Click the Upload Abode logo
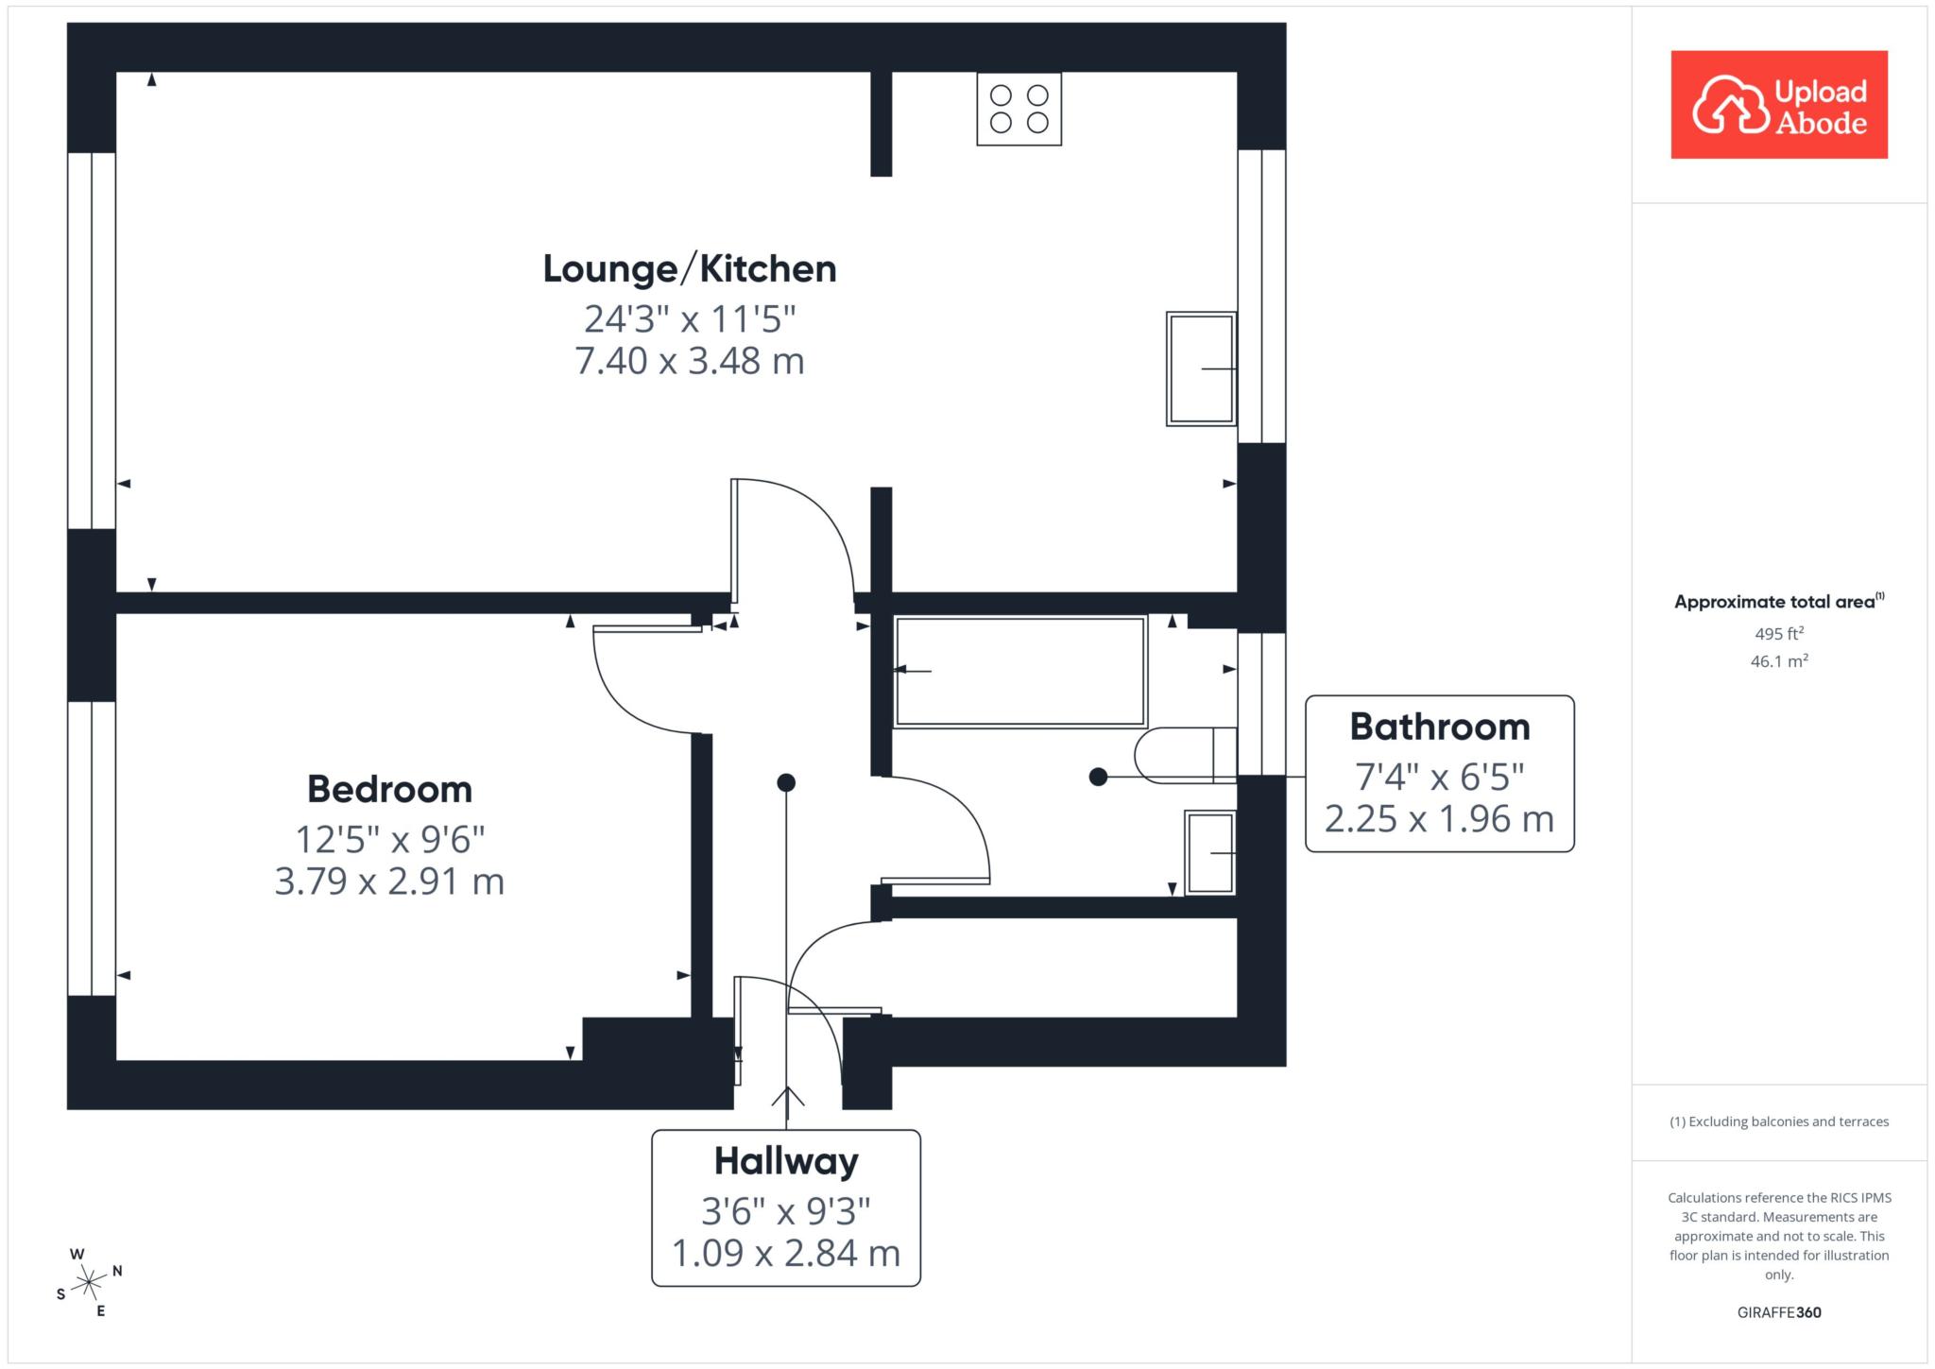(x=1779, y=104)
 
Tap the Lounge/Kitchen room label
(x=690, y=269)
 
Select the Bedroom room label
(x=389, y=789)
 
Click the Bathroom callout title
(x=1439, y=727)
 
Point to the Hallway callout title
(x=786, y=1162)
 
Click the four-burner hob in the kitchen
(x=1019, y=109)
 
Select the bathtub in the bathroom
(x=1020, y=672)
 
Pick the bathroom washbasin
(x=1210, y=852)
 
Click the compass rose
(x=89, y=1282)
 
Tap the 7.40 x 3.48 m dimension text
(x=690, y=361)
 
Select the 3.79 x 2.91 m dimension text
(x=389, y=881)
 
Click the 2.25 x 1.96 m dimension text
(x=1439, y=819)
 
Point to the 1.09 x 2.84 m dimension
(x=786, y=1254)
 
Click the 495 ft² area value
(x=1779, y=634)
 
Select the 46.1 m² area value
(x=1779, y=661)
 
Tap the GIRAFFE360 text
(x=1779, y=1312)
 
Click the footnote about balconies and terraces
(x=1779, y=1121)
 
